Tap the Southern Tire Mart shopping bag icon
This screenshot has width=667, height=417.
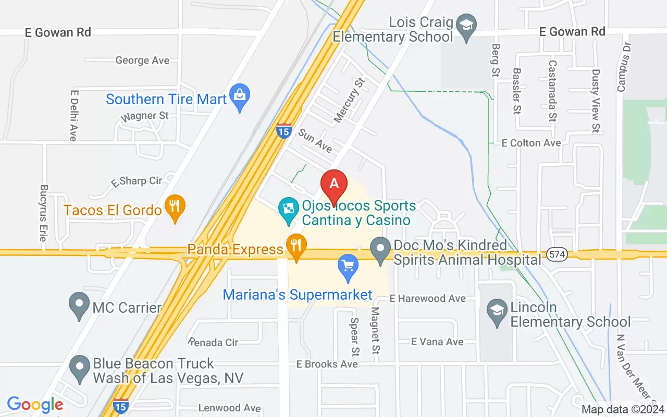pyautogui.click(x=240, y=96)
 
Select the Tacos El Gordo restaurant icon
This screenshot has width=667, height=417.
pyautogui.click(x=175, y=207)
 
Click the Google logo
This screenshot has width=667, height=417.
pyautogui.click(x=35, y=404)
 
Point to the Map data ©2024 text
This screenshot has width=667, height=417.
pyautogui.click(x=623, y=409)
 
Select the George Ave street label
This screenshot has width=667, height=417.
pyautogui.click(x=142, y=60)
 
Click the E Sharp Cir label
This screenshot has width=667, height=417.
pyautogui.click(x=136, y=181)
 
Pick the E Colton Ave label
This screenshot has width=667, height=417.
pyautogui.click(x=531, y=143)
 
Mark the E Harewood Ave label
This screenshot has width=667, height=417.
pyautogui.click(x=428, y=299)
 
